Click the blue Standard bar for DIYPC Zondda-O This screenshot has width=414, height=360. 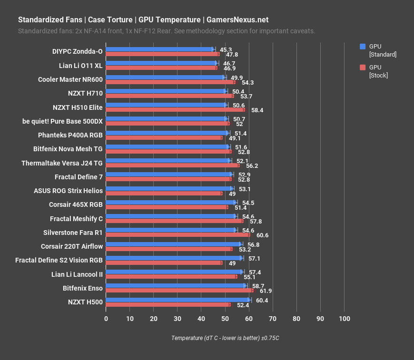pyautogui.click(x=159, y=49)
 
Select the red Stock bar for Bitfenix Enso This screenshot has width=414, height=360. pyautogui.click(x=179, y=291)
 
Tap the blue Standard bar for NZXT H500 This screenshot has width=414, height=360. pyautogui.click(x=177, y=300)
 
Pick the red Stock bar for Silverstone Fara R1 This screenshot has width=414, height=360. pyautogui.click(x=177, y=235)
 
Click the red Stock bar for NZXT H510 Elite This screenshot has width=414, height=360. pyautogui.click(x=175, y=110)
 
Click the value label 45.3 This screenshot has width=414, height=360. pyautogui.click(x=226, y=49)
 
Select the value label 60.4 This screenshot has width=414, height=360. pyautogui.click(x=262, y=301)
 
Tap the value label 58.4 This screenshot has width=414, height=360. pyautogui.click(x=257, y=110)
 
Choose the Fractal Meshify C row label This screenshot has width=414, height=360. pyautogui.click(x=76, y=219)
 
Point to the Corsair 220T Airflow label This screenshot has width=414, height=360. pyautogui.click(x=72, y=246)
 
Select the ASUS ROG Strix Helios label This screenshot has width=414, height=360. pyautogui.click(x=68, y=191)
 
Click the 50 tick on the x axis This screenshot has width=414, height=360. pyautogui.click(x=225, y=318)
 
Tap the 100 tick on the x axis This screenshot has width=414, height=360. pyautogui.click(x=344, y=318)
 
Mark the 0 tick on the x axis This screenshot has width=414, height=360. pyautogui.click(x=106, y=318)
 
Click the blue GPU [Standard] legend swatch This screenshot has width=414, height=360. pyautogui.click(x=363, y=47)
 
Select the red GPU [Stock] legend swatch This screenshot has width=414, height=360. pyautogui.click(x=363, y=67)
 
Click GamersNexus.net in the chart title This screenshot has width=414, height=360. pyautogui.click(x=237, y=20)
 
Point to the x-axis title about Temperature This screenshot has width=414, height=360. pyautogui.click(x=225, y=338)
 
